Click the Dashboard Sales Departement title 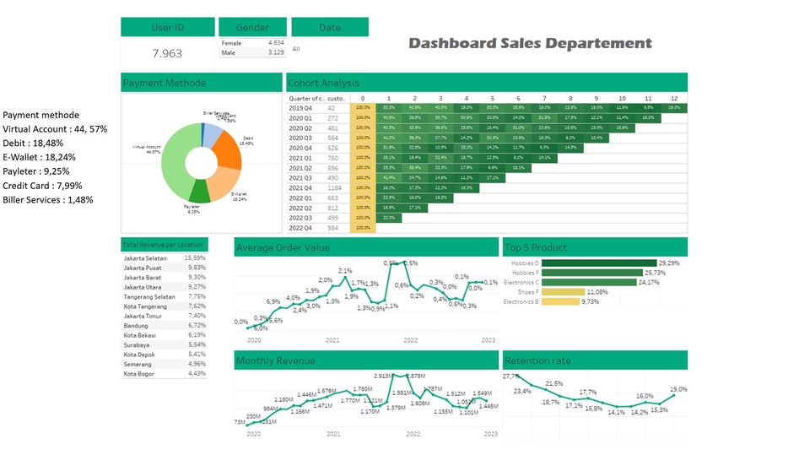pyautogui.click(x=530, y=43)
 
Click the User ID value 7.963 pyautogui.click(x=167, y=53)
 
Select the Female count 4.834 pyautogui.click(x=276, y=42)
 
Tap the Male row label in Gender pyautogui.click(x=229, y=52)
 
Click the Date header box pyautogui.click(x=330, y=27)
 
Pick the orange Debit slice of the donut pyautogui.click(x=228, y=150)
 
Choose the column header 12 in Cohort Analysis pyautogui.click(x=673, y=98)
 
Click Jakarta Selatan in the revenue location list pyautogui.click(x=145, y=258)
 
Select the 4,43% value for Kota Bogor pyautogui.click(x=197, y=373)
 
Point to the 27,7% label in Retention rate pyautogui.click(x=511, y=376)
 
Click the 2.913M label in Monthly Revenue pyautogui.click(x=385, y=376)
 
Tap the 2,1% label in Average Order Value pyautogui.click(x=345, y=271)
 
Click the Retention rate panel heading pyautogui.click(x=537, y=360)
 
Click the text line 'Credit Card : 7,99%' pyautogui.click(x=42, y=186)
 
